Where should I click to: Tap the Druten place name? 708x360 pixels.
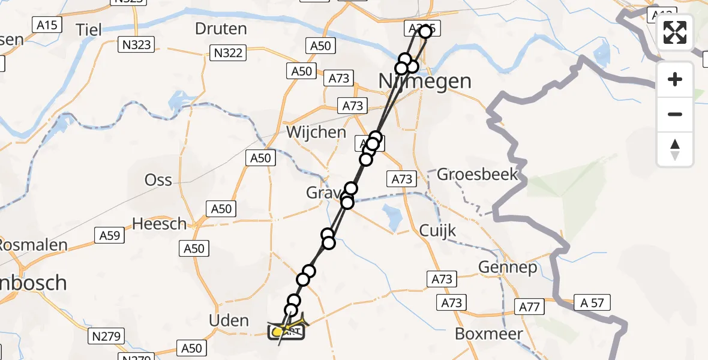[221, 28]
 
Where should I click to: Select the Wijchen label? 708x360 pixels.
[316, 132]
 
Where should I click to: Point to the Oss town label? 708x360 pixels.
[158, 179]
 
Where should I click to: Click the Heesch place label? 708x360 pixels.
[159, 224]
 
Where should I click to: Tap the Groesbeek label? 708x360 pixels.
[477, 175]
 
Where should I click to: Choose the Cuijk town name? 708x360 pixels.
[438, 230]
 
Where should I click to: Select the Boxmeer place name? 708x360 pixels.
[489, 334]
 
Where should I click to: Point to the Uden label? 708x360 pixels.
[229, 320]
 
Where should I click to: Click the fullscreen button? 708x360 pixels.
[675, 32]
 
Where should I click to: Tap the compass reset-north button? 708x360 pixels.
[675, 149]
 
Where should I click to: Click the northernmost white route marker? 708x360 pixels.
[425, 31]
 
